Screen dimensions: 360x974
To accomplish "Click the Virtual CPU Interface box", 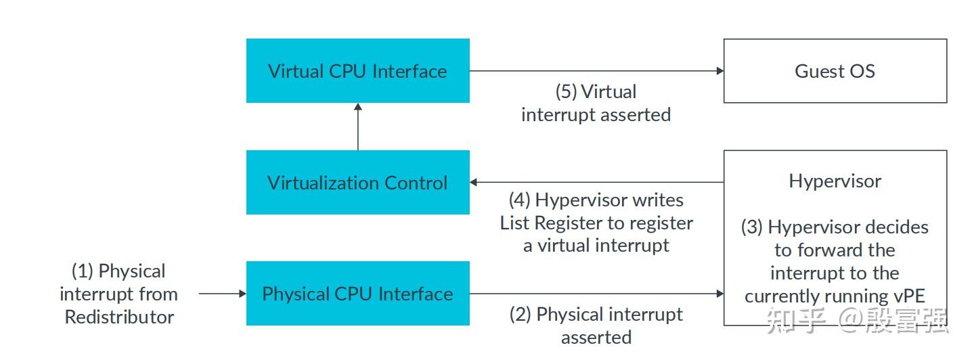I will [357, 71].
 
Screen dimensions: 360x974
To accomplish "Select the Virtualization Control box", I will [357, 183].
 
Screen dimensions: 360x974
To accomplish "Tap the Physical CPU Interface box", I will [357, 294].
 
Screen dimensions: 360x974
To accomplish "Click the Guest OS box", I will [835, 71].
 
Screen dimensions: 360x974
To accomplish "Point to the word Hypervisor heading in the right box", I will [835, 181].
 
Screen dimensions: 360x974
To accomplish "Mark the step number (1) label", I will [83, 271].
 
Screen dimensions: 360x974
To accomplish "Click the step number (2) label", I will [521, 315].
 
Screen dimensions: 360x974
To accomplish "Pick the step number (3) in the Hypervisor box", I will [752, 227].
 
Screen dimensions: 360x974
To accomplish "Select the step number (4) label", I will [520, 200].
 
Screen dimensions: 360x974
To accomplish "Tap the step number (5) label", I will [567, 92].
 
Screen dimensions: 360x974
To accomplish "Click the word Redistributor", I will [119, 317].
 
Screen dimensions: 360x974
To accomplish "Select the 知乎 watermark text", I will [795, 320].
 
